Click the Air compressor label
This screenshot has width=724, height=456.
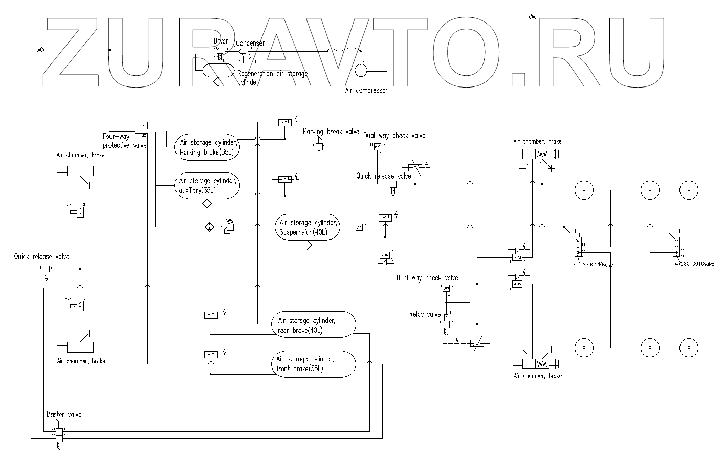(x=367, y=91)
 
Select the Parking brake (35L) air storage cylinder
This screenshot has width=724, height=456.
(x=207, y=147)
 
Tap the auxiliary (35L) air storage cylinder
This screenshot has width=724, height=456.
(x=207, y=186)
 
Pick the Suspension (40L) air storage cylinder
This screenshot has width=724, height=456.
(x=308, y=227)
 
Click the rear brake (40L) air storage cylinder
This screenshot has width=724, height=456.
(x=313, y=324)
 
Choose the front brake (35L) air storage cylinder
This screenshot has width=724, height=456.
(x=313, y=363)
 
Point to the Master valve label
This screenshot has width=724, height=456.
(x=64, y=414)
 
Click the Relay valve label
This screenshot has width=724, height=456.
(x=425, y=314)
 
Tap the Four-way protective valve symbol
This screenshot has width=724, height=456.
(x=138, y=132)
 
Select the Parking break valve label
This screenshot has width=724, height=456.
(x=331, y=132)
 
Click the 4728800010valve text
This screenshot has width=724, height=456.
(x=694, y=263)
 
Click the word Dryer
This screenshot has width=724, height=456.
(x=221, y=41)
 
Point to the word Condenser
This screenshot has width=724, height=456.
(x=251, y=43)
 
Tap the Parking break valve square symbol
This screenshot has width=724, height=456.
(x=319, y=146)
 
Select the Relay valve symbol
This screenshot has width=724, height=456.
(x=446, y=324)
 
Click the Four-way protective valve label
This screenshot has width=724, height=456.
(x=124, y=141)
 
